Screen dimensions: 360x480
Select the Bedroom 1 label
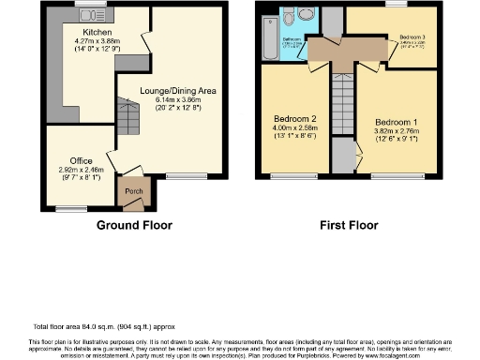click(395, 123)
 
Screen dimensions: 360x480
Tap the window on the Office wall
click(70, 207)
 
